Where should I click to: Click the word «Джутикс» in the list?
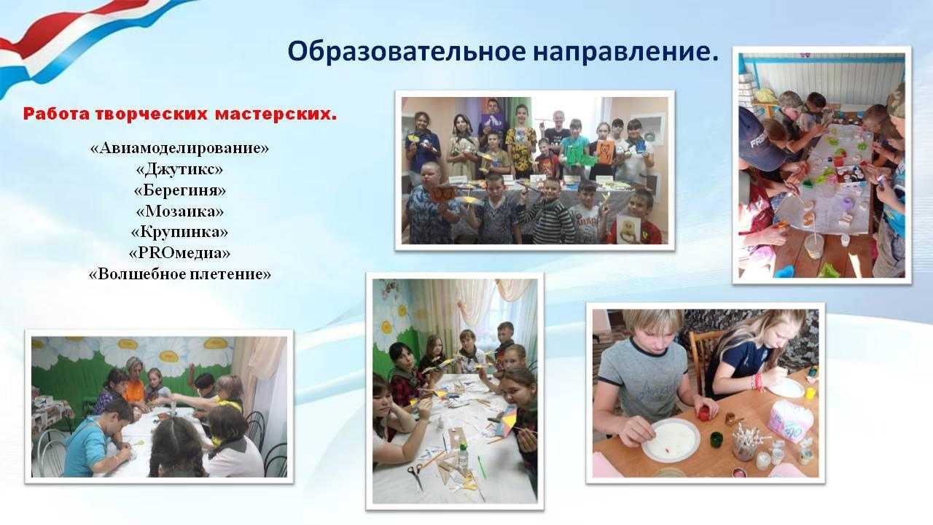pos(179,168)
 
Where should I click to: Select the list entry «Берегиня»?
pos(179,190)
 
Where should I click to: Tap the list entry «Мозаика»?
pos(179,211)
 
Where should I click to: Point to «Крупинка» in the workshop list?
pos(179,232)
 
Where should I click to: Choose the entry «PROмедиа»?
pos(179,252)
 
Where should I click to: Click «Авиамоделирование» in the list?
pos(179,148)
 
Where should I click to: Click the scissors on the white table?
pos(415,475)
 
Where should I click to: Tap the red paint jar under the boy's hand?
pos(704,413)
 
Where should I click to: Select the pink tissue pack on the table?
pos(789,421)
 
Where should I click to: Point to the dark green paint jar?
pos(716,440)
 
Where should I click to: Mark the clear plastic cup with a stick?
pos(813,246)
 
